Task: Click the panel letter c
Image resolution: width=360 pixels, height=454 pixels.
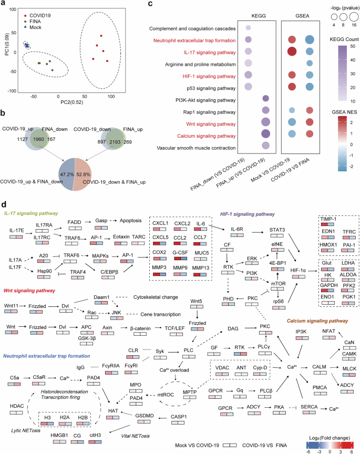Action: click(x=136, y=5)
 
